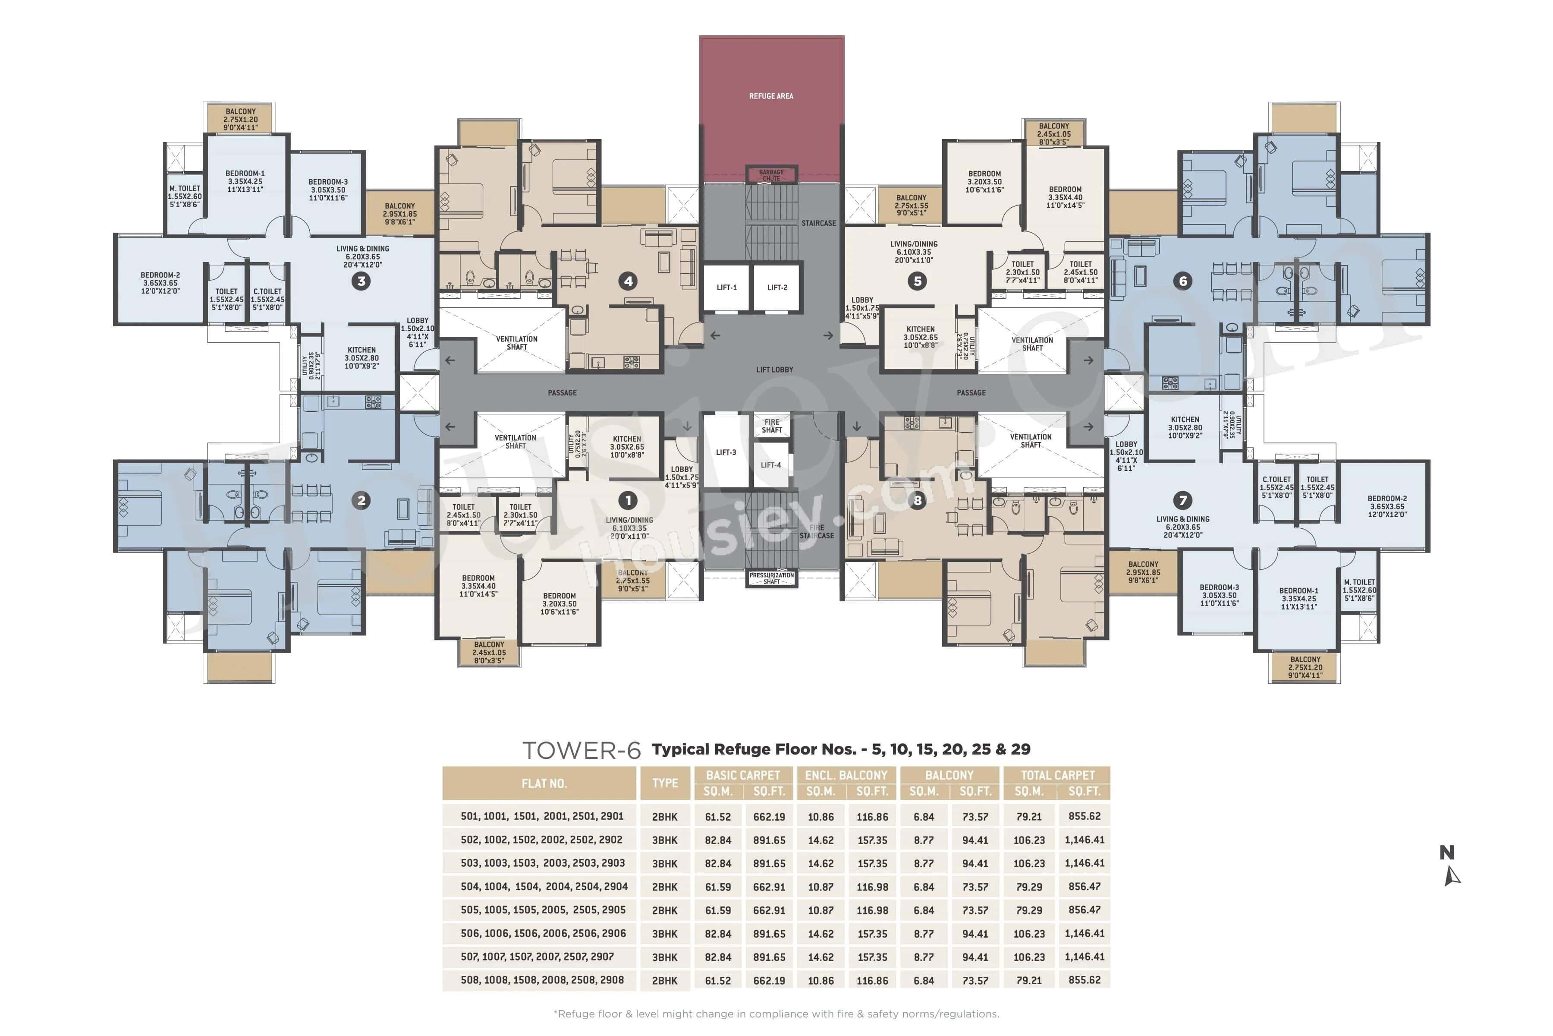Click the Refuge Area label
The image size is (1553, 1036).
click(x=770, y=96)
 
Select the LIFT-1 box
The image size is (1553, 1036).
click(x=726, y=287)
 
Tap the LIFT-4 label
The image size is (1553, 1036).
click(x=770, y=465)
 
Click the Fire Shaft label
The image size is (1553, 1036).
click(x=771, y=426)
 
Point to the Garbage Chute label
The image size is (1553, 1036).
click(x=770, y=175)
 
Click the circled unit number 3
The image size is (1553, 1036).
click(x=361, y=281)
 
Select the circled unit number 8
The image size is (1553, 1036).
click(x=917, y=501)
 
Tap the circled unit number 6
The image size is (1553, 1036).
click(x=1182, y=281)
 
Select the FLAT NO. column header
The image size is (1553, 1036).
click(x=544, y=783)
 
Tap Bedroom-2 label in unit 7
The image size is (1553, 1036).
click(x=1386, y=507)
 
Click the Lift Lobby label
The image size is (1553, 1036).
click(x=774, y=370)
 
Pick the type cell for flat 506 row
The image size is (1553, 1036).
click(x=664, y=934)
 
